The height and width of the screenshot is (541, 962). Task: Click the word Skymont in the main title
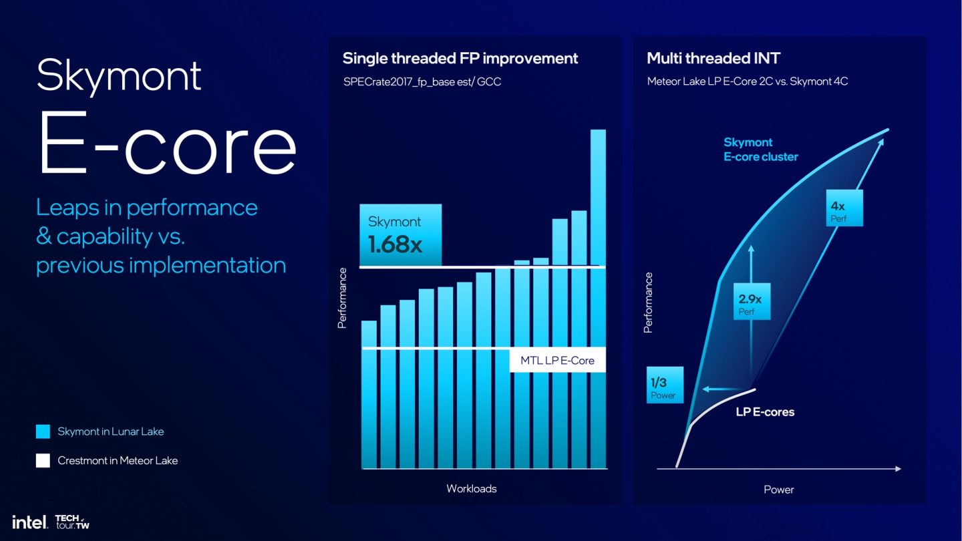tap(119, 75)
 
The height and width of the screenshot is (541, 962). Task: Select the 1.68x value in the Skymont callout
tap(395, 244)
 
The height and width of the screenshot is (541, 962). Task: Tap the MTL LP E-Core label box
tap(557, 361)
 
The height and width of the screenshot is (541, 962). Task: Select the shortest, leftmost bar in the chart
tap(369, 394)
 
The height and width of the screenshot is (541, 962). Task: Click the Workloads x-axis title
tap(471, 488)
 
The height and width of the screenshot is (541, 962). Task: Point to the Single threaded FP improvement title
tap(460, 58)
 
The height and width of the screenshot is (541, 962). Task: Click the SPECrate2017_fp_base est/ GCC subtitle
tap(422, 81)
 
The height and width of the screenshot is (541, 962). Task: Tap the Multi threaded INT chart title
tap(713, 58)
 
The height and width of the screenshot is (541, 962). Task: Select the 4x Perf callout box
tap(844, 208)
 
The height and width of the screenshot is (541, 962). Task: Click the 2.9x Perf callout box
tap(752, 301)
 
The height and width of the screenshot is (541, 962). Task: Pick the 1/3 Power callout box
tap(665, 385)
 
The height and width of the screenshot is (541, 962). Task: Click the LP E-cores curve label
tap(765, 412)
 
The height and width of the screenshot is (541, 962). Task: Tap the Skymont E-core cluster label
tap(760, 150)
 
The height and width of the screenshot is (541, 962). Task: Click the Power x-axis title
tap(778, 490)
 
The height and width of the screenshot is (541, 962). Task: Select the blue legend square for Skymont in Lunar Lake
tap(43, 431)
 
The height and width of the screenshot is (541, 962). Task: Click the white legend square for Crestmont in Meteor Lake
tap(43, 460)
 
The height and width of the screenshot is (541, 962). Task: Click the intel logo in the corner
tap(30, 522)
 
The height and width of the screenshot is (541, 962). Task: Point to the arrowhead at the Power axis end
tap(897, 469)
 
